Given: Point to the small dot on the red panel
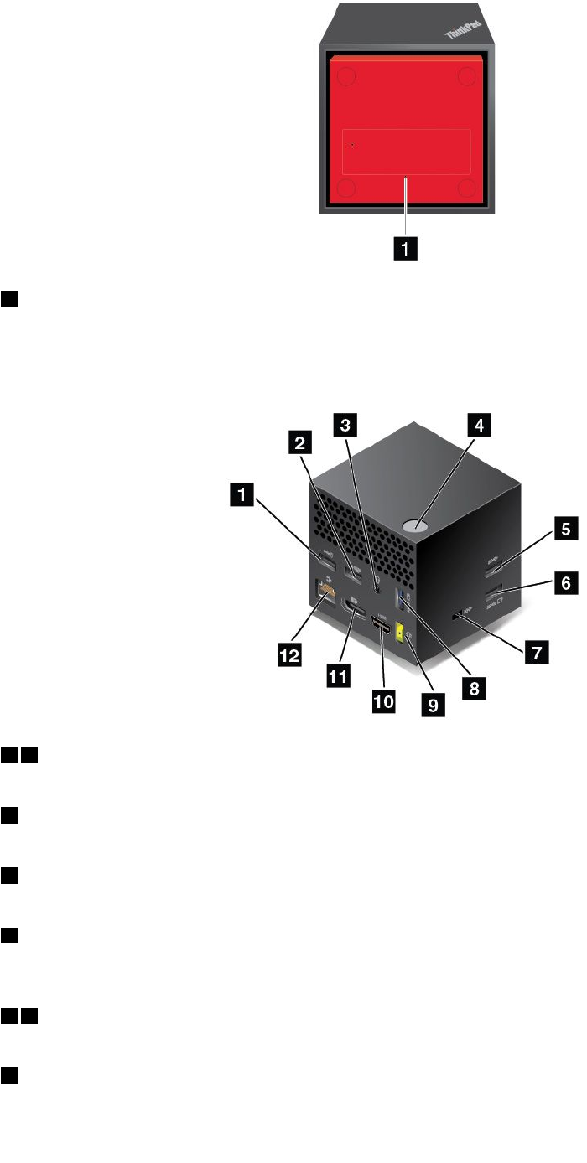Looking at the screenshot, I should (352, 144).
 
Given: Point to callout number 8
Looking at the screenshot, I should (474, 689).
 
